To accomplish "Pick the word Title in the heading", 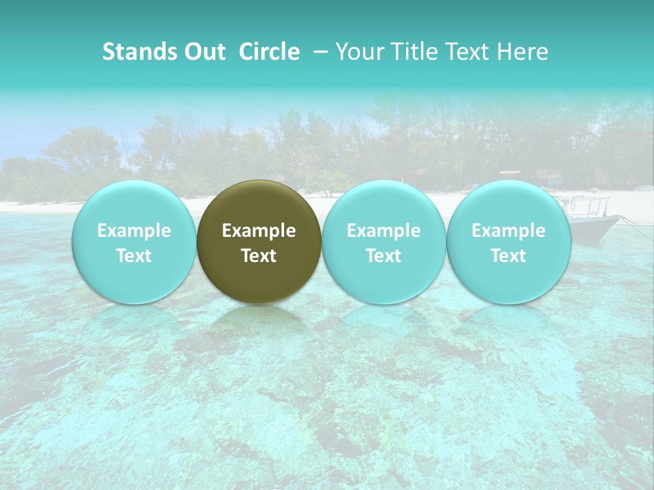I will click(x=409, y=52).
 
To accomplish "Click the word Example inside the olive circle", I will click(x=259, y=231).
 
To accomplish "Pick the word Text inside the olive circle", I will click(x=259, y=256).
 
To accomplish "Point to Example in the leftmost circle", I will click(x=134, y=231).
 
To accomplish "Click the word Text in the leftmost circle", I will click(x=134, y=256).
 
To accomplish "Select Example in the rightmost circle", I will click(x=509, y=231).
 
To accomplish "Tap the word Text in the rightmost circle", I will click(x=509, y=256).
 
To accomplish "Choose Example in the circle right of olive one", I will click(x=384, y=231).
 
